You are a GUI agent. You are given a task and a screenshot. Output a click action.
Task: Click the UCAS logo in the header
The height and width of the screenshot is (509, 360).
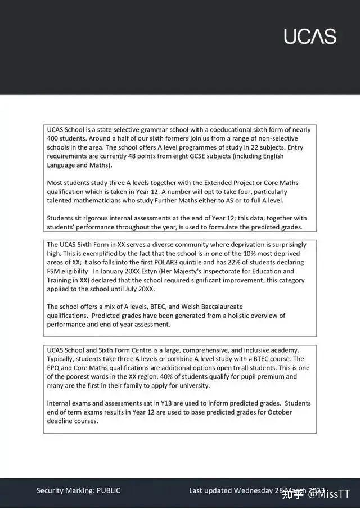[310, 36]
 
